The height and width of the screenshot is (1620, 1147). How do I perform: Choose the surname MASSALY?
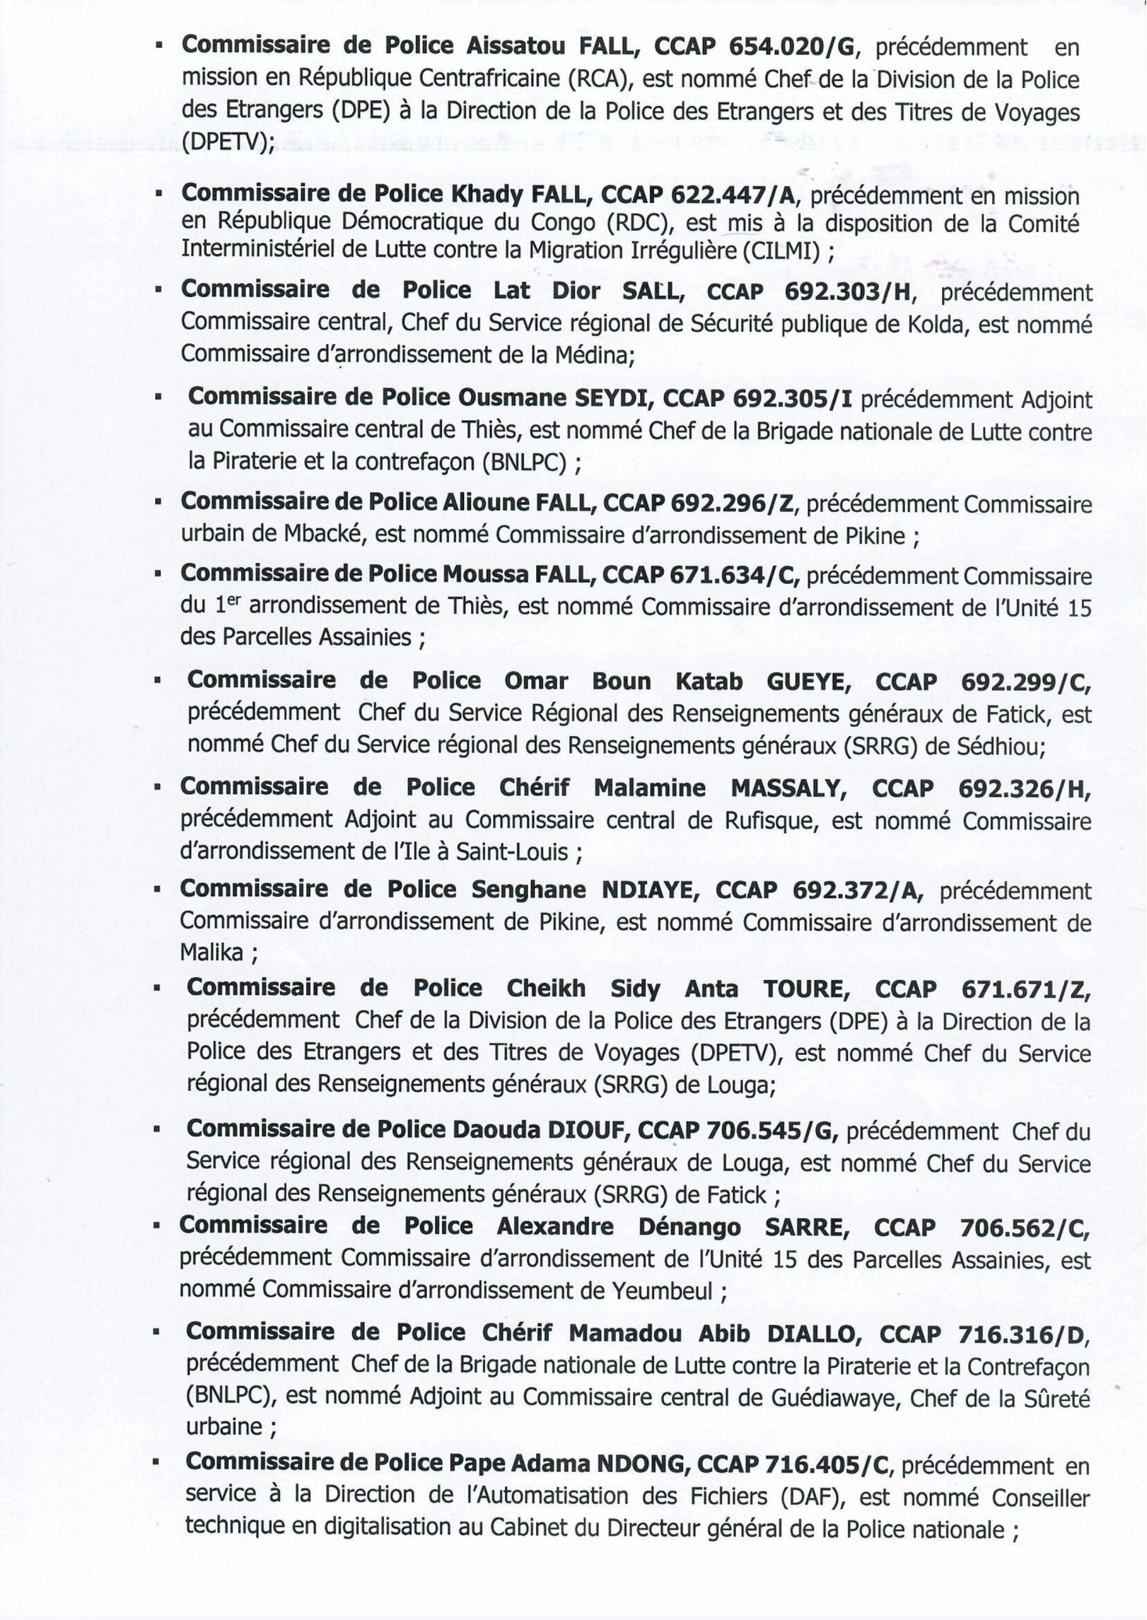[x=789, y=788]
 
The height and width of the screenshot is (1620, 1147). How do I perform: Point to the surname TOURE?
[x=803, y=989]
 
